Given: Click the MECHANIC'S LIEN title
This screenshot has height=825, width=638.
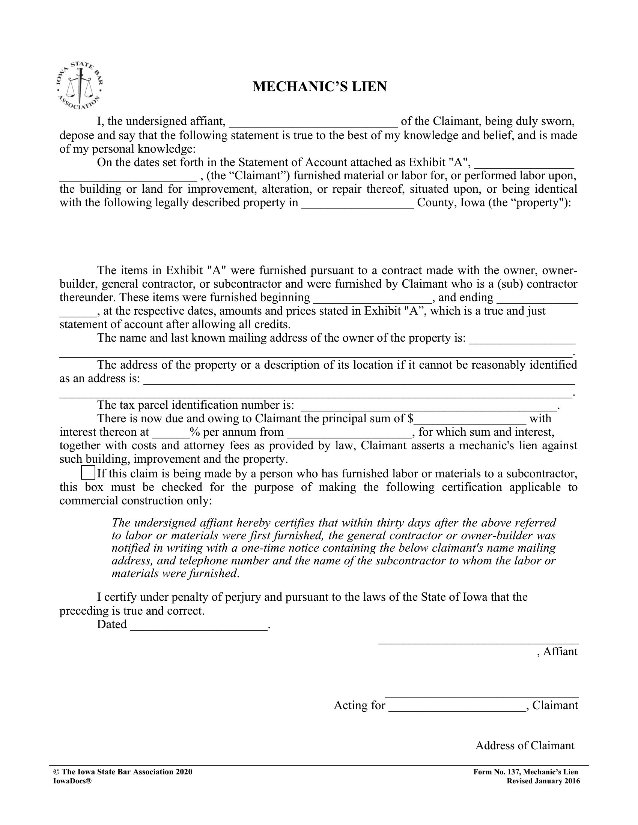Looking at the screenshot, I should tap(319, 87).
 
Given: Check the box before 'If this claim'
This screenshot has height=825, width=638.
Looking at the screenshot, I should tap(88, 473).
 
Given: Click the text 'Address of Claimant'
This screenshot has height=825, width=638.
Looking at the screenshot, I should tap(525, 745).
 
